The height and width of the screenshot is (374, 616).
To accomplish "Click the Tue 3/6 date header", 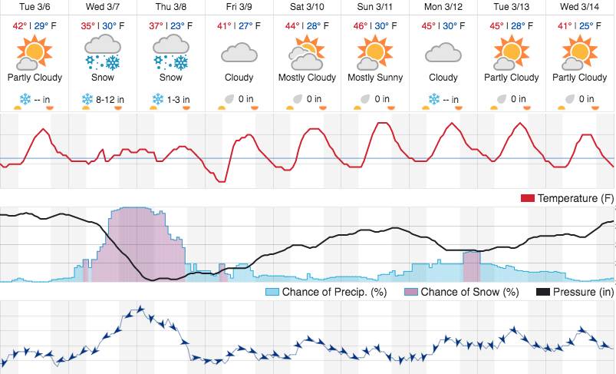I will click(34, 7).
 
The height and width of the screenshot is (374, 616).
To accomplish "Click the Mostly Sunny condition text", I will click(376, 78).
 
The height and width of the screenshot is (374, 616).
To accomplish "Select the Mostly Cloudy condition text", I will click(308, 78).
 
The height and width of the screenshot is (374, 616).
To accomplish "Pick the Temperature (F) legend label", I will click(575, 199).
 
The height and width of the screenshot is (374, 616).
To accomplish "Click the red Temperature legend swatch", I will click(528, 199).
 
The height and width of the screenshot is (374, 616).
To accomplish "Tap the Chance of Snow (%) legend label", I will click(469, 292).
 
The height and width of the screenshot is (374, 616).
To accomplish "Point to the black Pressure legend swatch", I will click(542, 292).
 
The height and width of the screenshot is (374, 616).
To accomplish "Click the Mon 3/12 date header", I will click(444, 7).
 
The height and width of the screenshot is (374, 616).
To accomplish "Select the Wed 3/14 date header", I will click(581, 7).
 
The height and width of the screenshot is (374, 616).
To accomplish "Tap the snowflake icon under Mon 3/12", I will click(434, 99).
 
